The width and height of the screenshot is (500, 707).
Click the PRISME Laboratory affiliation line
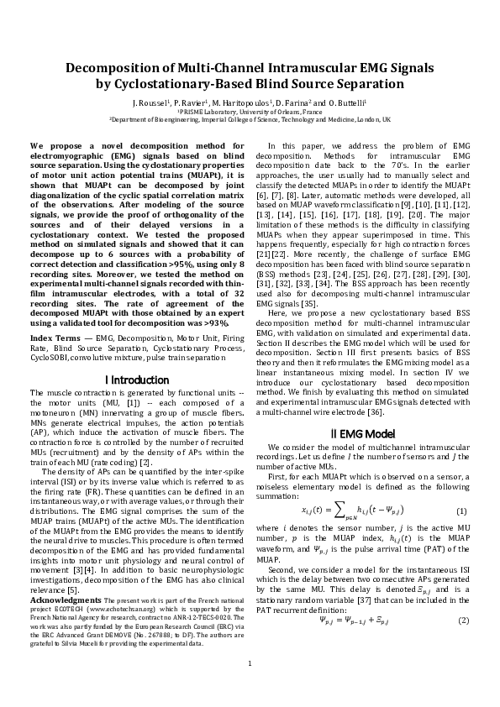[250, 111]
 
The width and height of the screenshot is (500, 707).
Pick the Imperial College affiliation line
[250, 119]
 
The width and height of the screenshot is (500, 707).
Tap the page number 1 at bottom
[250, 687]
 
